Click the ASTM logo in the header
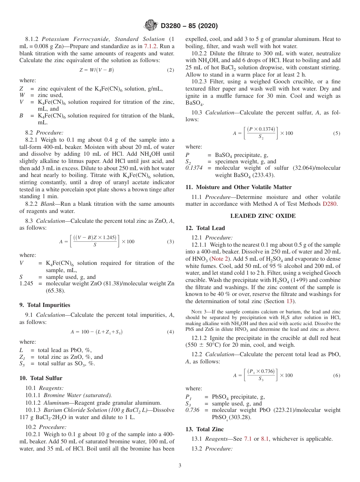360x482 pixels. click(151, 26)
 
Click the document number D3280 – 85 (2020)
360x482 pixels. click(189, 26)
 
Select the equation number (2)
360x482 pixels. click(171, 70)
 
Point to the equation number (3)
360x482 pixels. click(171, 242)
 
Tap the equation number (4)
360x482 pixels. click(171, 332)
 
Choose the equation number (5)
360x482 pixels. click(337, 133)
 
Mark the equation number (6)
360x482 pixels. click(337, 376)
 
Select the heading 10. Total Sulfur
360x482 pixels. click(41, 378)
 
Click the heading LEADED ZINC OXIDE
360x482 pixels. click(263, 216)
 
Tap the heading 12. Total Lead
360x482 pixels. click(205, 228)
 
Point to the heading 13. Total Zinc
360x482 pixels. click(205, 429)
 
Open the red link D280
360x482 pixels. click(332, 204)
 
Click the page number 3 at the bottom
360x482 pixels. click(180, 466)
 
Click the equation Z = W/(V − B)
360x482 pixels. click(97, 70)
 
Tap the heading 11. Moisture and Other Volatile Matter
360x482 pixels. click(239, 187)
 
